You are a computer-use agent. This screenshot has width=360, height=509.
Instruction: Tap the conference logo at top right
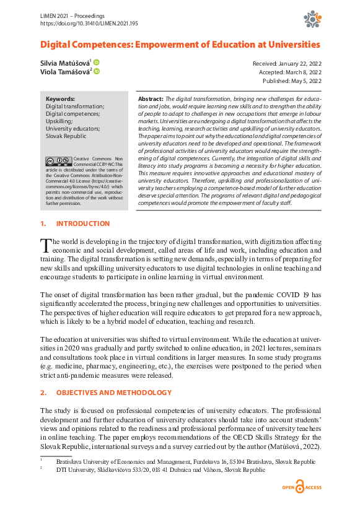pos(312,20)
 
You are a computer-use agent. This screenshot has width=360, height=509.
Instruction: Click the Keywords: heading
pos(60,98)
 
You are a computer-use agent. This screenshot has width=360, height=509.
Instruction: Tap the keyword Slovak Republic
pos(66,136)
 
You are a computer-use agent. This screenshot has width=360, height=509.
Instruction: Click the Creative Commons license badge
pos(55,161)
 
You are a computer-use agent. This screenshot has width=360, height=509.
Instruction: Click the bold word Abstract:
pos(149,99)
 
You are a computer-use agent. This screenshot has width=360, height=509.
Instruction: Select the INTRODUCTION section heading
pos(82,224)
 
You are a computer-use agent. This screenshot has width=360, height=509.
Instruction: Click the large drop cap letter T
pos(46,245)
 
